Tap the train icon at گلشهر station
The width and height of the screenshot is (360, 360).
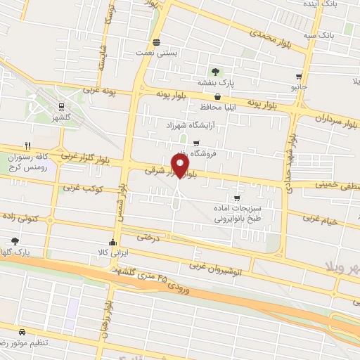coord(62,108)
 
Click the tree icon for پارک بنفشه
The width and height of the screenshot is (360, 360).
coord(217,72)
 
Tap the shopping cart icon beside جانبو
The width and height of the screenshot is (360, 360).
coord(300,77)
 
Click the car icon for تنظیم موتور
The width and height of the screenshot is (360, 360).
coord(22,331)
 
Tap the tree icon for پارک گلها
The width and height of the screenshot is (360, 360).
coord(15,240)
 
